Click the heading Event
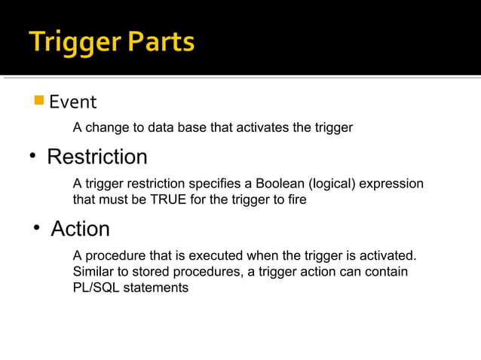point(73,102)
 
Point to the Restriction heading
point(97,157)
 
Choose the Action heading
point(80,229)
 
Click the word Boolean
point(277,184)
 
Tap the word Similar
point(95,271)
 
